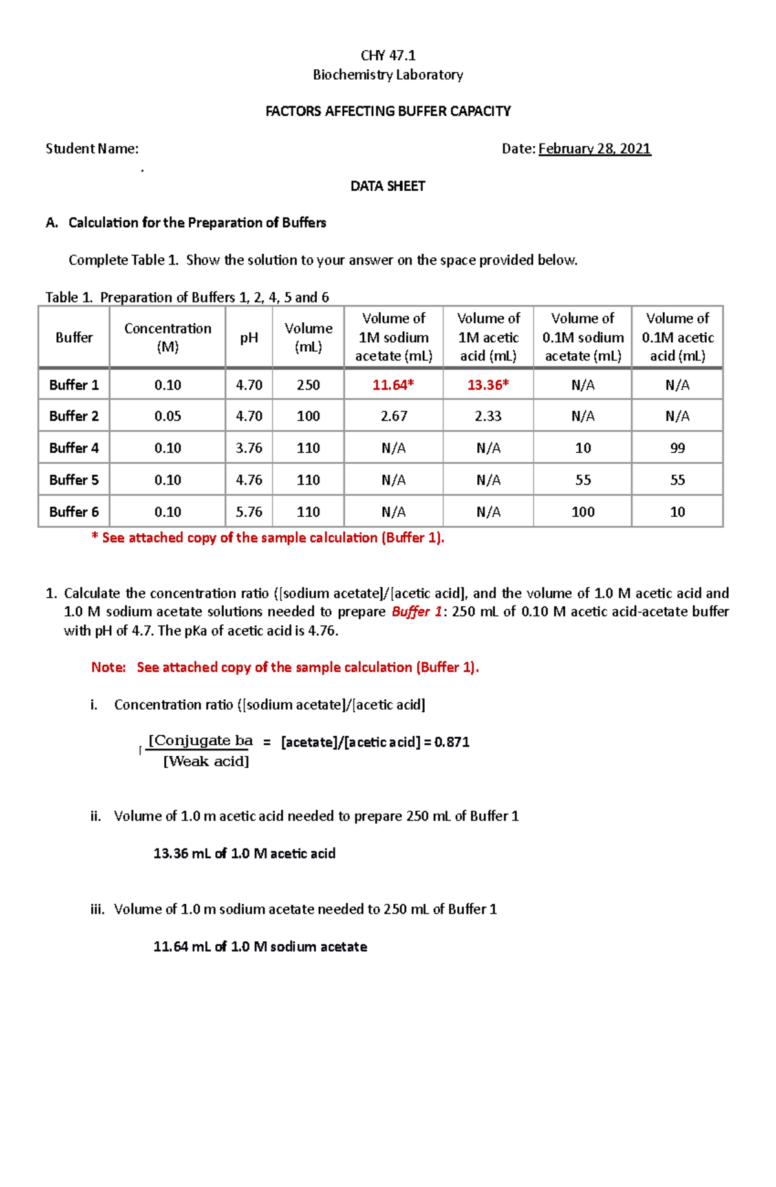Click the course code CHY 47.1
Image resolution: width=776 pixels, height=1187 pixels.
pos(388,56)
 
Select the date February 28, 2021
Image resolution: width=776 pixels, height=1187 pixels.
pos(594,149)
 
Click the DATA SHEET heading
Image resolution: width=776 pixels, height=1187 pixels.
pos(387,186)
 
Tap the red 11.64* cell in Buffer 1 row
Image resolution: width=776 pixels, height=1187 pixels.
pos(393,385)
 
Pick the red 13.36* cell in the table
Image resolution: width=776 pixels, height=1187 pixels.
pos(488,385)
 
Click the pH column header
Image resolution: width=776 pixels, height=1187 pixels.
pos(249,338)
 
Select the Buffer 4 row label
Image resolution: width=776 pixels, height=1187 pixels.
pos(74,448)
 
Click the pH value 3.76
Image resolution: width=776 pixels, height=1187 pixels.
pos(249,448)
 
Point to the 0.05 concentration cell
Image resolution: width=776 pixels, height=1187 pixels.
pos(167,416)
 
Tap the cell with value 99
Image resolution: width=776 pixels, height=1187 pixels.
pos(677,448)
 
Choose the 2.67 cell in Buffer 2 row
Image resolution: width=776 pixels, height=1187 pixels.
pos(393,416)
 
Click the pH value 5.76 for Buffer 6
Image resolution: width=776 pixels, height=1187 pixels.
pos(249,512)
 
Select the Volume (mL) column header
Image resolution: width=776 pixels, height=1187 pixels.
pos(308,338)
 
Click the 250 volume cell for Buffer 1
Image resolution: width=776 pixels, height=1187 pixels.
pos(308,385)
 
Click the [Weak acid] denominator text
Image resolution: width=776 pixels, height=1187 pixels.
pos(206,761)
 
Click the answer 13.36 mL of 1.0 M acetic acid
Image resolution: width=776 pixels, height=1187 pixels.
pos(244,853)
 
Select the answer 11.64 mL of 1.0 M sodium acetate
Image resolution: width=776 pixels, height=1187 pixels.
pos(260,946)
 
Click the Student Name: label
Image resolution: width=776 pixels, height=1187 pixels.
pos(92,149)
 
